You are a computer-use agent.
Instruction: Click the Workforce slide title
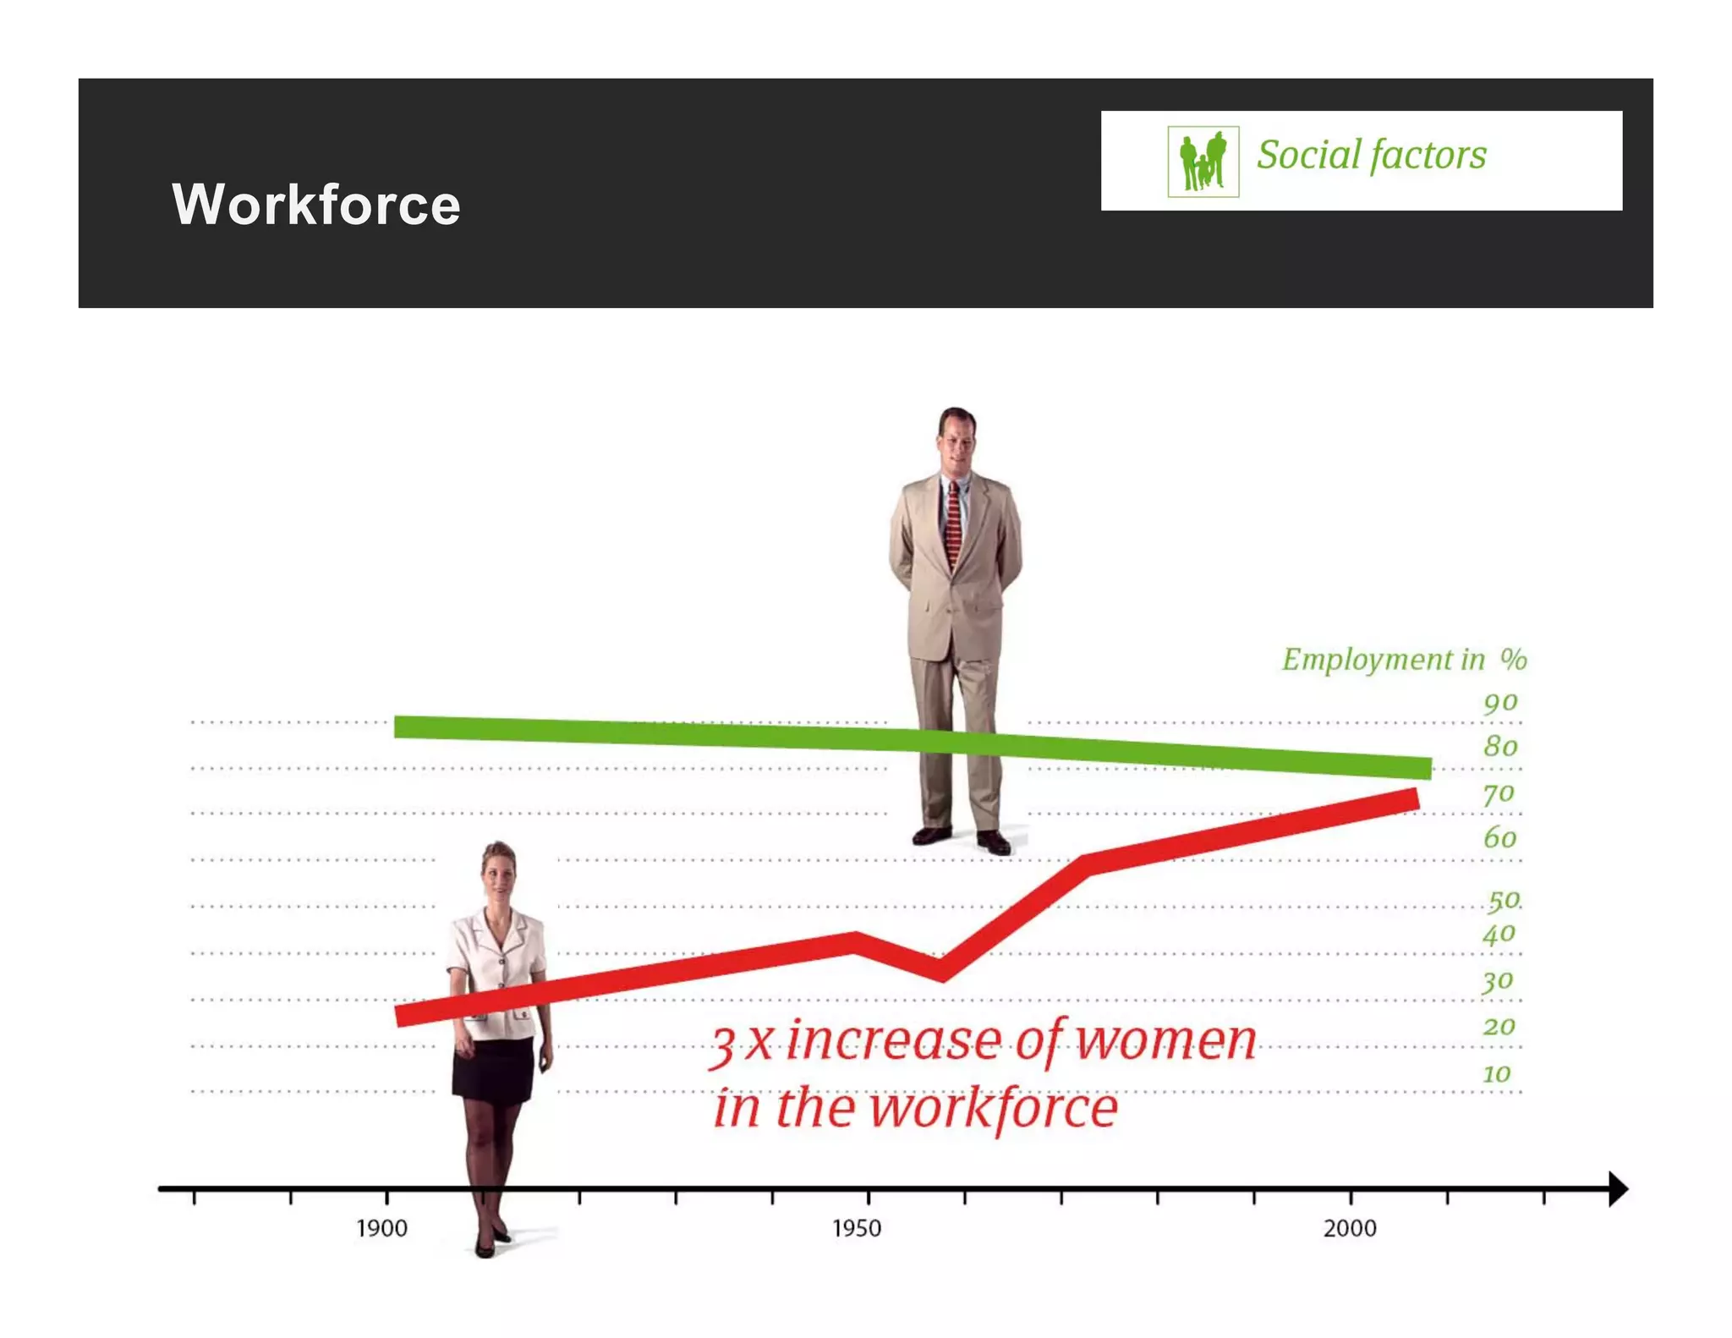[316, 205]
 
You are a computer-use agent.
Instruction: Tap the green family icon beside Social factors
[1203, 161]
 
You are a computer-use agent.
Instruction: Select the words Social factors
[1371, 155]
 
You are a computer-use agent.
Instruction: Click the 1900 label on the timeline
[381, 1228]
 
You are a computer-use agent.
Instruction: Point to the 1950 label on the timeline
[857, 1228]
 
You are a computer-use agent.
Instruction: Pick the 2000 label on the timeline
[1350, 1228]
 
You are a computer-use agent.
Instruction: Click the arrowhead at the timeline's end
[1616, 1189]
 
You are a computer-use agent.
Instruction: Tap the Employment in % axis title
[1404, 660]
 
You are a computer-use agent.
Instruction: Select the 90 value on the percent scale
[1500, 703]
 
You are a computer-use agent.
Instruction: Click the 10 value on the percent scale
[1497, 1074]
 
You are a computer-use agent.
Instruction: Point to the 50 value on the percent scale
[1504, 900]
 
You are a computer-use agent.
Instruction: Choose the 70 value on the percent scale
[1499, 794]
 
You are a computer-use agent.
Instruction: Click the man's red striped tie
[953, 524]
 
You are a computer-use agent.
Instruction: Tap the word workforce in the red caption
[994, 1108]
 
